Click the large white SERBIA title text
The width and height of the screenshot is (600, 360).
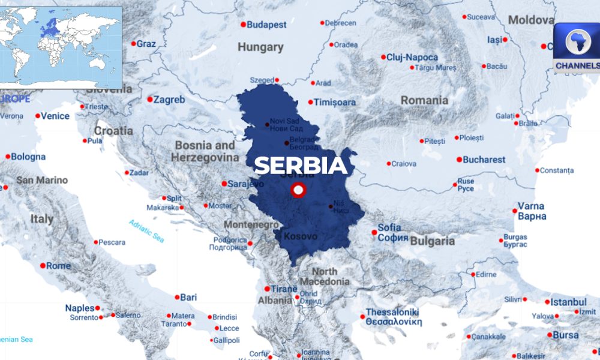tap(301, 164)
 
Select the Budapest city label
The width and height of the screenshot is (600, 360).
tap(266, 25)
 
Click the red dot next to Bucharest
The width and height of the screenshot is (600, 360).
tap(459, 160)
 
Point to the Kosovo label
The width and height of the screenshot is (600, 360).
tap(300, 236)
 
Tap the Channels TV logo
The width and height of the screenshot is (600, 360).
tap(577, 48)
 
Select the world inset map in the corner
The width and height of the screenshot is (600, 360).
tap(61, 47)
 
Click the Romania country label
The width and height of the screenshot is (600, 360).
tap(424, 100)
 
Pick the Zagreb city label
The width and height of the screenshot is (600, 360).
tap(169, 100)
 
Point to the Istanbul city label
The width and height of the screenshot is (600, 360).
tap(568, 302)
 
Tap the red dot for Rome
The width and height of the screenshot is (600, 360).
tap(43, 266)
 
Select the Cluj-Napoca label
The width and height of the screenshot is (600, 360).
tap(412, 58)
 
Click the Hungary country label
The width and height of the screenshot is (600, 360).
tap(260, 47)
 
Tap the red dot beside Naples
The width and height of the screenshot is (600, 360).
tap(97, 308)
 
